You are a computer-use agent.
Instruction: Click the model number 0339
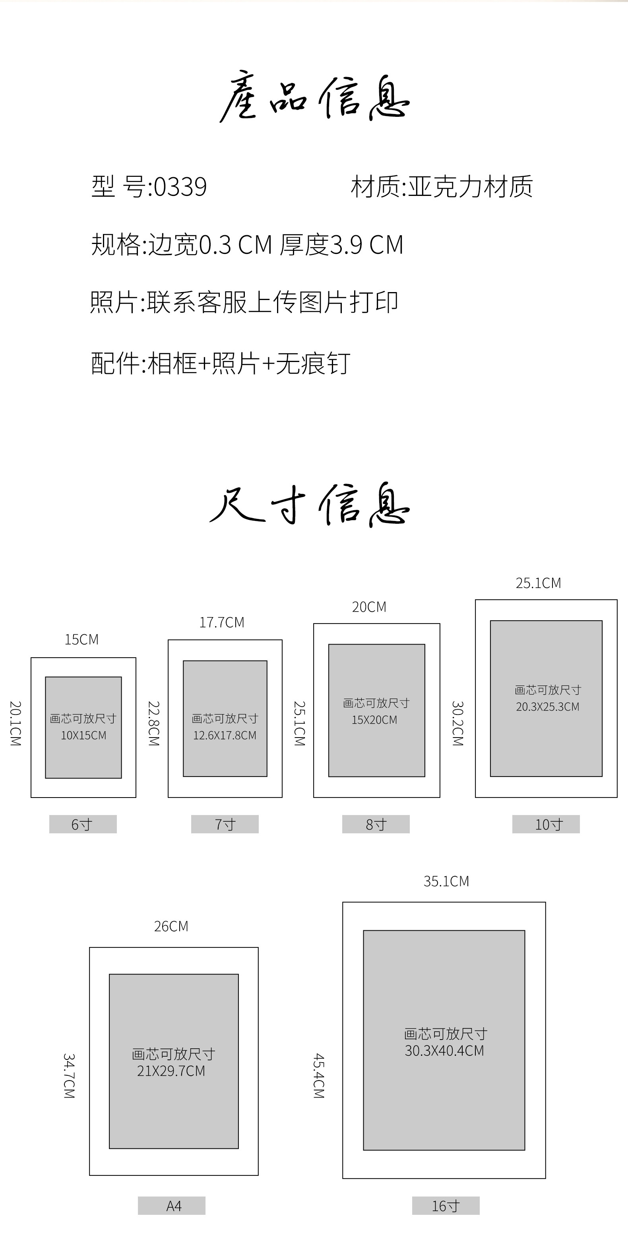click(180, 187)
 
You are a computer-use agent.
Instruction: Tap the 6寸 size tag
click(83, 824)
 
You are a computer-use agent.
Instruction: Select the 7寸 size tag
click(225, 824)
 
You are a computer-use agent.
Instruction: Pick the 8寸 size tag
click(376, 824)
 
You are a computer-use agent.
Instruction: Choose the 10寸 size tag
click(546, 824)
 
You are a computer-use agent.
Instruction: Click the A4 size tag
click(172, 1205)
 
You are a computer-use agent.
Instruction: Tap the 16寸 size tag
click(446, 1205)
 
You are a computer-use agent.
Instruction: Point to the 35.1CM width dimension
click(446, 881)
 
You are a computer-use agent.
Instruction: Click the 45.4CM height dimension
click(319, 1076)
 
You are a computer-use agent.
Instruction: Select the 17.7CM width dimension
click(222, 622)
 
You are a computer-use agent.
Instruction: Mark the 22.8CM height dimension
click(154, 723)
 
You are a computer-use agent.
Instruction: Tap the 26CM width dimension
click(171, 926)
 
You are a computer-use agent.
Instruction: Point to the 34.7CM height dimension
click(69, 1076)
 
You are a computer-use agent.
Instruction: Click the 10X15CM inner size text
click(83, 735)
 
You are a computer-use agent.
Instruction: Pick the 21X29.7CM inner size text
click(171, 1071)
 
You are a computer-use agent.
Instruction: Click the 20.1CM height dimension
click(16, 723)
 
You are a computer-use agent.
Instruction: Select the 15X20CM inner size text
click(374, 720)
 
